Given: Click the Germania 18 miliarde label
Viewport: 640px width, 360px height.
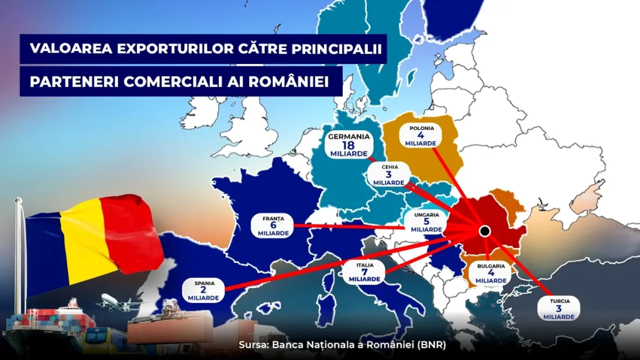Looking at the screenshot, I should click(x=349, y=145).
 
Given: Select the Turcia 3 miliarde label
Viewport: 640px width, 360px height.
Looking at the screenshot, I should click(x=558, y=308).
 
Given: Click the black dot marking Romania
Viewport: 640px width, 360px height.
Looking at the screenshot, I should click(x=485, y=231).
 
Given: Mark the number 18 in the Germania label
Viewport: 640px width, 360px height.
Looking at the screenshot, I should click(x=349, y=145).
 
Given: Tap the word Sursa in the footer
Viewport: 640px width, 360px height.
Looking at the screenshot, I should click(x=252, y=345).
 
